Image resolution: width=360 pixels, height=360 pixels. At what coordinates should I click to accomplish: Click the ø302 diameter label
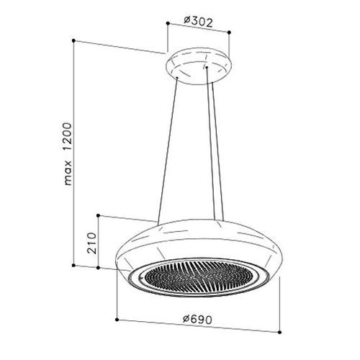pyautogui.click(x=198, y=22)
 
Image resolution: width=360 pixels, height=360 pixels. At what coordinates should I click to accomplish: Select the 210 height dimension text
pyautogui.click(x=92, y=243)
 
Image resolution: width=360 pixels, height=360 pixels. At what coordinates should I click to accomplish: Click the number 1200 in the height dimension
pyautogui.click(x=67, y=137)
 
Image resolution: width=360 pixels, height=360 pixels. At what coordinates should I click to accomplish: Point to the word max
pyautogui.click(x=68, y=173)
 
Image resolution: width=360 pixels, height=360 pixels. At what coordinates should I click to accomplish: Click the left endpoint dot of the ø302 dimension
pyautogui.click(x=168, y=23)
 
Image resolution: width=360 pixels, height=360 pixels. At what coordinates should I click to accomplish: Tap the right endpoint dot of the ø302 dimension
pyautogui.click(x=229, y=32)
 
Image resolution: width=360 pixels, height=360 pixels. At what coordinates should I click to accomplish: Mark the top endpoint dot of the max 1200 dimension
pyautogui.click(x=73, y=40)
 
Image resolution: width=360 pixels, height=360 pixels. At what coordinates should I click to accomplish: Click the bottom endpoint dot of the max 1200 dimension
pyautogui.click(x=73, y=265)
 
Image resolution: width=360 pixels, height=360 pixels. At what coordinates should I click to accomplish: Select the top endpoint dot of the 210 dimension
pyautogui.click(x=98, y=215)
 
